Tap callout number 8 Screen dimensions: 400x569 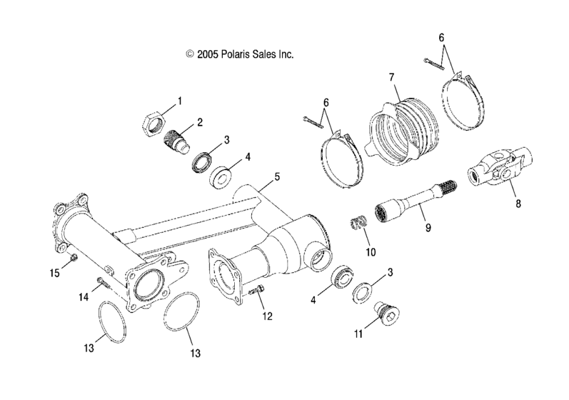coord(518,204)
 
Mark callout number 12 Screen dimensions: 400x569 coord(267,316)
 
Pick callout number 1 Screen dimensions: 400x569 coord(180,101)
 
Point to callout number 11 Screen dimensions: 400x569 coord(358,332)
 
